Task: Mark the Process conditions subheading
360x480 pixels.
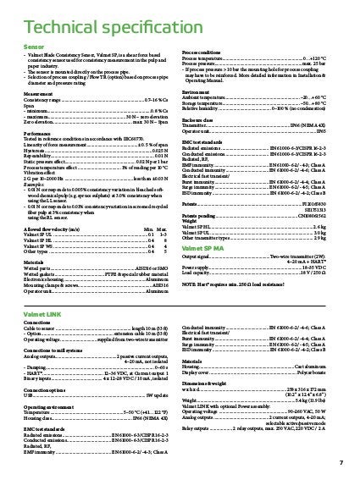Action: (206, 52)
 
